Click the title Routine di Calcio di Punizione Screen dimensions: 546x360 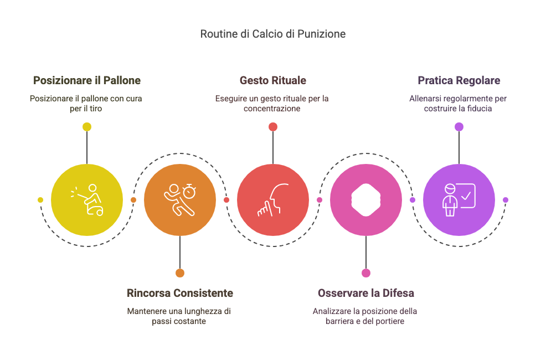point(272,34)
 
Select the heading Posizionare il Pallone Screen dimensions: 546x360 point(87,80)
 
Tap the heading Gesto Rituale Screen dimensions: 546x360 point(272,80)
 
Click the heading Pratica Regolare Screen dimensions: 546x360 point(459,80)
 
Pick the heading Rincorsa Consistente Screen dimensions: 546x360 point(179,293)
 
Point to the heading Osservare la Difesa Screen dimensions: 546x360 point(366,293)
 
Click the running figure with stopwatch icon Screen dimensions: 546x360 point(179,200)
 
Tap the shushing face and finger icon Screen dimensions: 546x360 point(273,200)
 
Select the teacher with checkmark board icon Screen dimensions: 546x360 point(459,200)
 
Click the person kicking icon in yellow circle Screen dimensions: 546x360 point(87,200)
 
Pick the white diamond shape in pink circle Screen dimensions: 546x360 point(366,200)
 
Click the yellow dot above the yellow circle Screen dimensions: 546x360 point(87,127)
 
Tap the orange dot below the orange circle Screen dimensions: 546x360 point(180,273)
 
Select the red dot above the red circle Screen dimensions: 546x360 point(273,127)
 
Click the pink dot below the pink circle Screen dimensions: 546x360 point(366,273)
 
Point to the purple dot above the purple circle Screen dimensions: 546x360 point(459,127)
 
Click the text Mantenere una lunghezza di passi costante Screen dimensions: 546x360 point(179,316)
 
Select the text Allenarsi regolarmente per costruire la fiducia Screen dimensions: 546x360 point(458,104)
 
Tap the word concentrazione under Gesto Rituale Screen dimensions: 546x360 point(272,109)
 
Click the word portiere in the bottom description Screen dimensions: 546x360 point(389,321)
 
